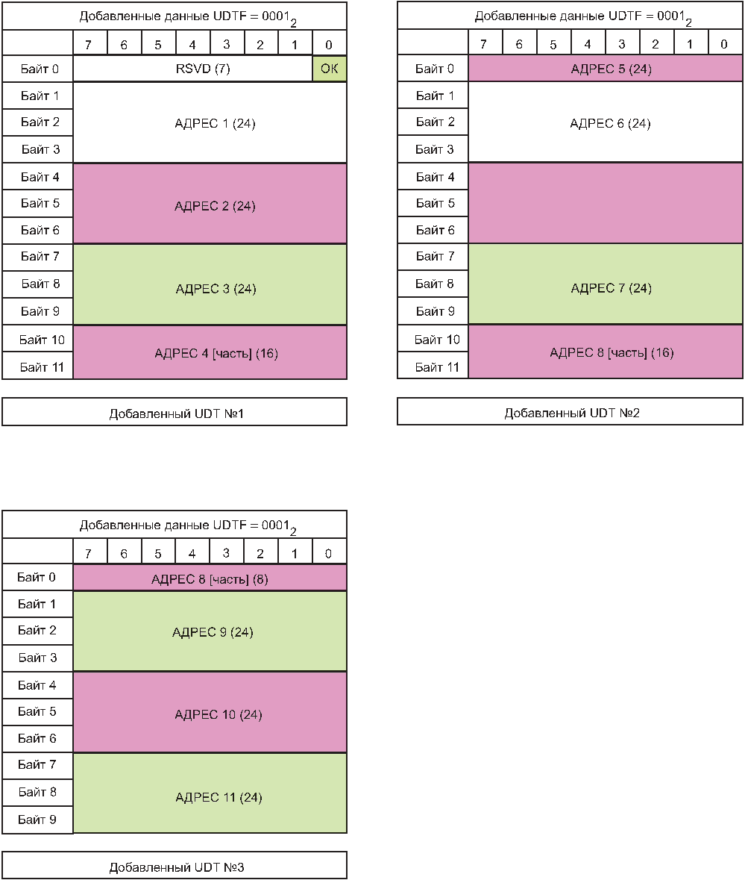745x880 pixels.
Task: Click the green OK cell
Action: pyautogui.click(x=329, y=69)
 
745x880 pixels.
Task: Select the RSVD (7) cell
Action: pyautogui.click(x=193, y=69)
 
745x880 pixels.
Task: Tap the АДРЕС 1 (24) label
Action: pyautogui.click(x=215, y=123)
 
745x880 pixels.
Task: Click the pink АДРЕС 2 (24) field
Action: pyautogui.click(x=210, y=204)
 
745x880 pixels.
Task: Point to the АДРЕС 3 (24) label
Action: pyautogui.click(x=216, y=289)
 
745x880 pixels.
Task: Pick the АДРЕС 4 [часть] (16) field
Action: pyautogui.click(x=210, y=352)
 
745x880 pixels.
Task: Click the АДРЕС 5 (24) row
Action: pyautogui.click(x=606, y=69)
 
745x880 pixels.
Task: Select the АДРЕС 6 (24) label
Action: pyautogui.click(x=610, y=123)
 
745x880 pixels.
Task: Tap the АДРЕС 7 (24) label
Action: pyautogui.click(x=611, y=288)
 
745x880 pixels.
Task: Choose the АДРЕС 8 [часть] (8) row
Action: pyautogui.click(x=210, y=578)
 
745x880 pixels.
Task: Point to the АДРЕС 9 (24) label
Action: pyautogui.click(x=213, y=632)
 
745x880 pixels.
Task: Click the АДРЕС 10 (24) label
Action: pyautogui.click(x=219, y=714)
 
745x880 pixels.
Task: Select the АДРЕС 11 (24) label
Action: pyautogui.click(x=219, y=797)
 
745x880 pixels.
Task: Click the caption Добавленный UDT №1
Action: pyautogui.click(x=176, y=414)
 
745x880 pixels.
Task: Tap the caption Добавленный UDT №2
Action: pyautogui.click(x=572, y=413)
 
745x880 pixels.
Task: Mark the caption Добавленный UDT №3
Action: pyautogui.click(x=176, y=867)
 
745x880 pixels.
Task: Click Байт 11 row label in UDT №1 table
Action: pyautogui.click(x=42, y=367)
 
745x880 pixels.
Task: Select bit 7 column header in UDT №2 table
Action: pyautogui.click(x=483, y=44)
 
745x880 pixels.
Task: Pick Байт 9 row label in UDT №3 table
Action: pyautogui.click(x=37, y=820)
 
